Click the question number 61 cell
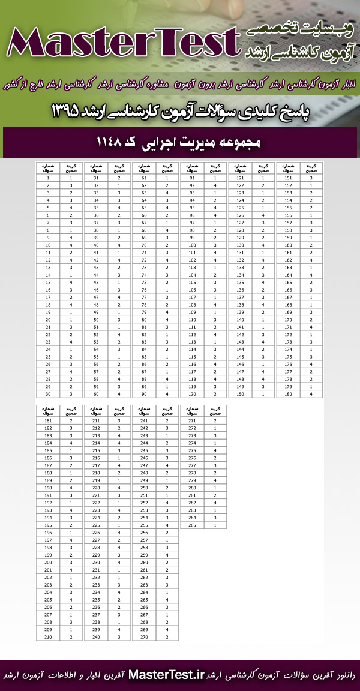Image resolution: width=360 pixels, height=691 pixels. [x=144, y=178]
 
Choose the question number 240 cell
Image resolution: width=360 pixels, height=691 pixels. [x=96, y=637]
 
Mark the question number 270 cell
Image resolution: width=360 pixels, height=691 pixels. [x=144, y=637]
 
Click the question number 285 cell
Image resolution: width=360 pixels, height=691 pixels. [x=192, y=525]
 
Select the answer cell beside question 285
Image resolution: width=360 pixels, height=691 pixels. [x=215, y=525]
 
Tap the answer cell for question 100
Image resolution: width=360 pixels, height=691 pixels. [x=215, y=245]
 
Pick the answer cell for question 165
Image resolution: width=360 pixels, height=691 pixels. [x=311, y=282]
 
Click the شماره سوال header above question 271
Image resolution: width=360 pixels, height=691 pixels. [x=192, y=411]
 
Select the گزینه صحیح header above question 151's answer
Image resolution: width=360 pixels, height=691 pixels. [x=311, y=167]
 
